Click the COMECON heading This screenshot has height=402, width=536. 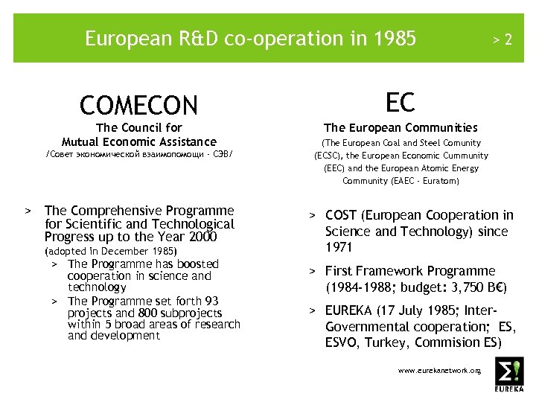[x=138, y=105]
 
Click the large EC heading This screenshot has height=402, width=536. [x=400, y=103]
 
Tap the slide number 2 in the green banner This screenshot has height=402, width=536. [x=508, y=39]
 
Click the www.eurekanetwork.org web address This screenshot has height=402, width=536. [x=439, y=369]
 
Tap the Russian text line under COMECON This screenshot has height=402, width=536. [x=139, y=156]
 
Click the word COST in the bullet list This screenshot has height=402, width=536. [x=341, y=215]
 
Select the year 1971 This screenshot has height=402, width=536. [x=339, y=247]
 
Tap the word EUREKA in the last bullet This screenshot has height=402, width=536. [x=351, y=310]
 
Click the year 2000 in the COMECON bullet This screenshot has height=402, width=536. [x=202, y=237]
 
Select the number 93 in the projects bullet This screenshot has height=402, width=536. [x=211, y=301]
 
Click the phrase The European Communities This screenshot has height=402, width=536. [x=401, y=128]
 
